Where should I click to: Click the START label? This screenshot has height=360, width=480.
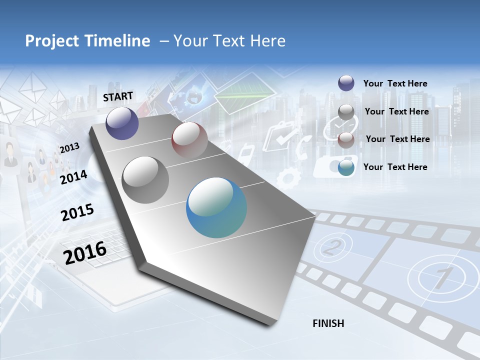[x=118, y=96]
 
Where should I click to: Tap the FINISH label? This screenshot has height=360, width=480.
[x=328, y=323]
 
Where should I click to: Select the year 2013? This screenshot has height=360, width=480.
[x=69, y=148]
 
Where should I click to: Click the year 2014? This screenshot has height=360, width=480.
[x=73, y=177]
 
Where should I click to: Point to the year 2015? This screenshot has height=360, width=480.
[x=77, y=212]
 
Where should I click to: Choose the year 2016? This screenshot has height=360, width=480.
[x=85, y=252]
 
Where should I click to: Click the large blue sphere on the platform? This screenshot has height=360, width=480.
[x=216, y=207]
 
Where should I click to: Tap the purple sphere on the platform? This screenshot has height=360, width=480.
[x=122, y=123]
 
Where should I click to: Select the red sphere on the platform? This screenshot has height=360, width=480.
[x=189, y=139]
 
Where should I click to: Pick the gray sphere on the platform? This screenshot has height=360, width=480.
[x=145, y=179]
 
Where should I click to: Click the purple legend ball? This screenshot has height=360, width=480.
[x=346, y=83]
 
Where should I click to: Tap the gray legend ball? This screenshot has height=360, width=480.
[x=346, y=112]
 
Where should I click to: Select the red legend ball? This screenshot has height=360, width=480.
[x=346, y=139]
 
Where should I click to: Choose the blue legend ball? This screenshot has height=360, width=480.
[x=346, y=167]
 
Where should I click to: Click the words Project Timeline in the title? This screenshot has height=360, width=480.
[x=87, y=41]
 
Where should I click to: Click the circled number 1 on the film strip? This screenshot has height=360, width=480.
[x=438, y=277]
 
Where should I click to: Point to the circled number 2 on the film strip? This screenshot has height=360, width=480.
[x=331, y=246]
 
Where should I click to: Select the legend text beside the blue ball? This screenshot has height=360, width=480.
[x=395, y=167]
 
